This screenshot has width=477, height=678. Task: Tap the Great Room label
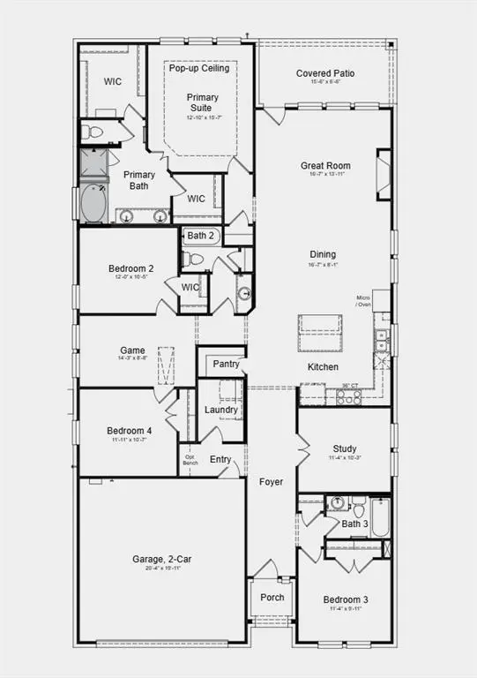pos(325,165)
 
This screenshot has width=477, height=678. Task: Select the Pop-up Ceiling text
pos(199,68)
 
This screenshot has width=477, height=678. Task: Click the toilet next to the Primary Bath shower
pos(91,132)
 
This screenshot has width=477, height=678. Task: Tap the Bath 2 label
pos(200,236)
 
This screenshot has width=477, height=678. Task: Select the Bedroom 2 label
pos(131,268)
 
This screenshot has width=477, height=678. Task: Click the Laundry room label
pos(220,410)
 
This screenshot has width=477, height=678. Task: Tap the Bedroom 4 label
pos(130,431)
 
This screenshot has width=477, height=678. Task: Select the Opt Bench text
pos(190,460)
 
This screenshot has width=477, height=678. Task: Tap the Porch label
pos(272,597)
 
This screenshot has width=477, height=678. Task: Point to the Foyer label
pos(271,482)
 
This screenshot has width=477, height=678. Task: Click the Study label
pos(344,448)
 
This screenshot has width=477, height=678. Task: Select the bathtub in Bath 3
pos(380,516)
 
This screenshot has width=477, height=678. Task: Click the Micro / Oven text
pos(363,301)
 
